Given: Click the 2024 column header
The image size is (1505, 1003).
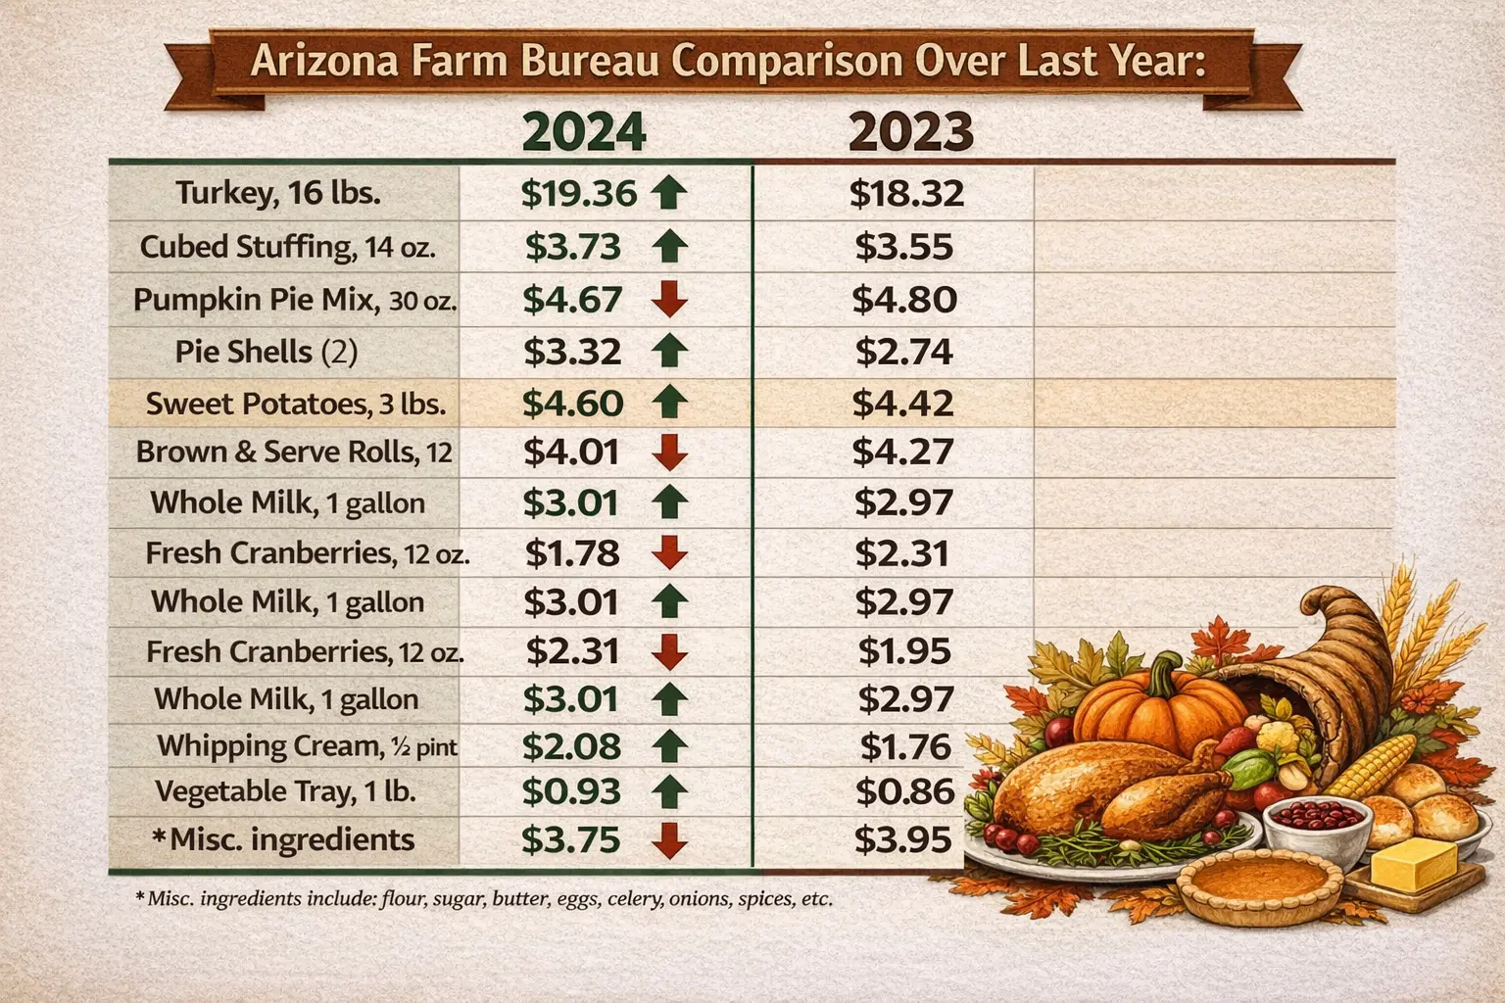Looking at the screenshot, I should [583, 131].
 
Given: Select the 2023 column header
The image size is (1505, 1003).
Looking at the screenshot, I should [910, 131].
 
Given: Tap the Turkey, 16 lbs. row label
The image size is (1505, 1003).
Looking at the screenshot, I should [278, 193].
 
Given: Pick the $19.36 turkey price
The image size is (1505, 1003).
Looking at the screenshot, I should [579, 193].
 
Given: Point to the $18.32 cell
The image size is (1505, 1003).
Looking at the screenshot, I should [906, 193].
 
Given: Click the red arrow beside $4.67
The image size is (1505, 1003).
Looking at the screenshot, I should [669, 299].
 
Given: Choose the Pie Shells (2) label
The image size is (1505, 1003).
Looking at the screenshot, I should [267, 352].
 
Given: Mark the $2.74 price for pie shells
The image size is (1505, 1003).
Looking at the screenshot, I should [903, 352].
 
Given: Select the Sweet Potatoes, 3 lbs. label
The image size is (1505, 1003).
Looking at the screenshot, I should [296, 404].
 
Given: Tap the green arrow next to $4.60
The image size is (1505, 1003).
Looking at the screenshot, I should [669, 402].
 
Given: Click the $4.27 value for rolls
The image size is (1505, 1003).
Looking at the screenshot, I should [902, 452].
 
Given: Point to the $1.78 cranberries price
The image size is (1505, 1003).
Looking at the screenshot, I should [572, 553].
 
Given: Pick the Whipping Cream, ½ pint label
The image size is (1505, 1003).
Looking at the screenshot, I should [307, 746].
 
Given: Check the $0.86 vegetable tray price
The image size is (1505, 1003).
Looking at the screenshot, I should [904, 790].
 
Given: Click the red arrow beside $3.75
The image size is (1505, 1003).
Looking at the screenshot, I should [669, 839].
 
